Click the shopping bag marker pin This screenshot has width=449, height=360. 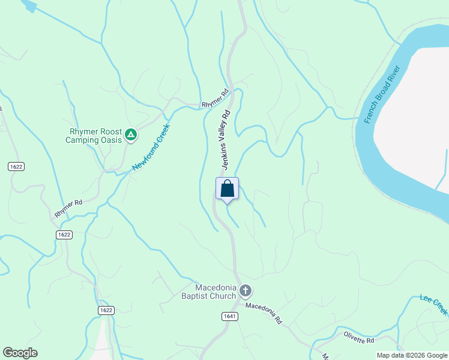pos(227,189)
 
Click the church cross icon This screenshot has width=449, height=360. pos(245,292)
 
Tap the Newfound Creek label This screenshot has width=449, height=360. pos(151,146)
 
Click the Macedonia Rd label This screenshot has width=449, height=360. pos(264,313)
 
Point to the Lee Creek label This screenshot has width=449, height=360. pos(433,304)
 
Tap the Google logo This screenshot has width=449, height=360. pos(20,353)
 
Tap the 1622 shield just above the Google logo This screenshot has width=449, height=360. pos(106,310)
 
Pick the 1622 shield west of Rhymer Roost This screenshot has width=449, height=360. pos(16,166)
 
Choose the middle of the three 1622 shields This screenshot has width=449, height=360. pos(64,235)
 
